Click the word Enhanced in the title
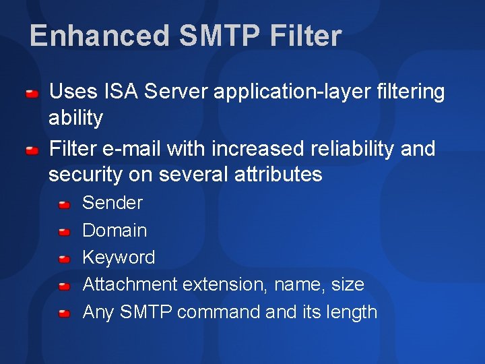[x=100, y=36]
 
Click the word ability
[x=75, y=119]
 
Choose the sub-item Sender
[x=112, y=203]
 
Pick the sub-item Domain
[x=115, y=231]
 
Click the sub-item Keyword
[x=119, y=257]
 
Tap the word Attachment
[x=130, y=284]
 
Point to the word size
[x=348, y=284]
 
